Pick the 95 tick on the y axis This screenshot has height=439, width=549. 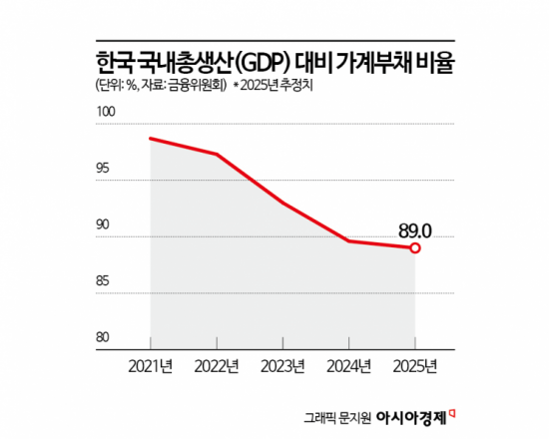pos(104,171)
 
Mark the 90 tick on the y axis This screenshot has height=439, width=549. pos(104,226)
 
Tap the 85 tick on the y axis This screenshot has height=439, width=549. pos(104,282)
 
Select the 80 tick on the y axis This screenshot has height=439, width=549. pos(104,337)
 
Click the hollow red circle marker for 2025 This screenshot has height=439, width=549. pos(415,248)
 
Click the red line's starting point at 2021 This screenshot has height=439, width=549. pos(150,138)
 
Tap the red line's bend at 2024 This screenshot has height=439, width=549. pos(349,241)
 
